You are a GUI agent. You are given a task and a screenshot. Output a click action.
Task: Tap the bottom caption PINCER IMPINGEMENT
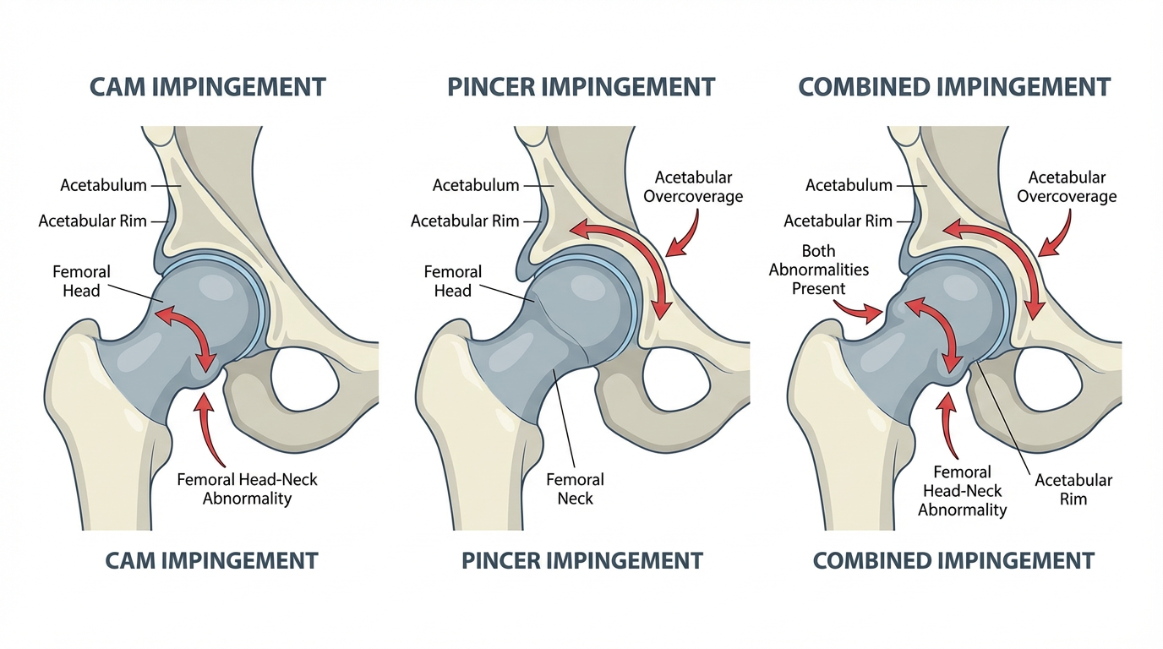pyautogui.click(x=582, y=560)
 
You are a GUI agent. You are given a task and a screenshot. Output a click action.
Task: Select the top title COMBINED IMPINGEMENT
pyautogui.click(x=954, y=86)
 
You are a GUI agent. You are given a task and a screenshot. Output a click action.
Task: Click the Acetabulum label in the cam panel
pyautogui.click(x=103, y=185)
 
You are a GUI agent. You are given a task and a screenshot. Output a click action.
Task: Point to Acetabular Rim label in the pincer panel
pyautogui.click(x=465, y=221)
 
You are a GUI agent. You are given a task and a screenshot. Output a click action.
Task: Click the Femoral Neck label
pyautogui.click(x=575, y=488)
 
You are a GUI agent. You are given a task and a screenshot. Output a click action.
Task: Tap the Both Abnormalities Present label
pyautogui.click(x=818, y=270)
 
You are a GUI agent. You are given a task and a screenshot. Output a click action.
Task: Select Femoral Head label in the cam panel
pyautogui.click(x=81, y=281)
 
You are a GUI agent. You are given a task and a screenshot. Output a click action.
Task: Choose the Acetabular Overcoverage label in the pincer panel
pyautogui.click(x=693, y=187)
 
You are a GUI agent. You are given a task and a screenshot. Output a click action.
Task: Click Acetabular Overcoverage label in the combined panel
pyautogui.click(x=1067, y=187)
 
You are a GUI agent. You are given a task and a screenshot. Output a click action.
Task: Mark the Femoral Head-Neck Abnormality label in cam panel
pyautogui.click(x=247, y=488)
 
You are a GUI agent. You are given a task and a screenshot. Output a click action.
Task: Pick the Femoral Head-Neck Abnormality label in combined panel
pyautogui.click(x=962, y=491)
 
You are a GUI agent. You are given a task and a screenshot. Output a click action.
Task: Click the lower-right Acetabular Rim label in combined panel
pyautogui.click(x=1073, y=489)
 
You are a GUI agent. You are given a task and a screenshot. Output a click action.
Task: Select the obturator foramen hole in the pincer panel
pyautogui.click(x=680, y=372)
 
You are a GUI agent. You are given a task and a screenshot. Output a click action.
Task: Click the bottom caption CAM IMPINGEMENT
pyautogui.click(x=211, y=560)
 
